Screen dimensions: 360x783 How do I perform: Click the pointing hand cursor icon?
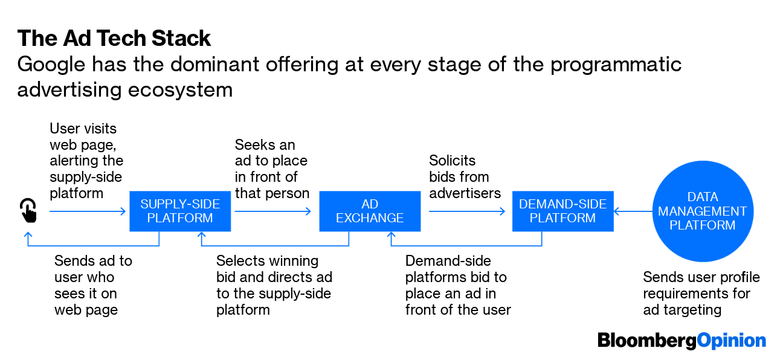pos(28,211)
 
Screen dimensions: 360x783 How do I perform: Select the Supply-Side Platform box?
pos(180,211)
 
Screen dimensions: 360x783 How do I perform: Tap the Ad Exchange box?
pos(370,211)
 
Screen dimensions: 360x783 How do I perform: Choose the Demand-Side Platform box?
pos(562,211)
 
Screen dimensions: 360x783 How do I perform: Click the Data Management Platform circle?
pos(702,211)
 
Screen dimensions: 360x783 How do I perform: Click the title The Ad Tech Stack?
pos(114,38)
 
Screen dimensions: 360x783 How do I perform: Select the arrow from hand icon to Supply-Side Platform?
pos(88,211)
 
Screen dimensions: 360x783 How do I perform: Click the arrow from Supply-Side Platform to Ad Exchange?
pos(273,211)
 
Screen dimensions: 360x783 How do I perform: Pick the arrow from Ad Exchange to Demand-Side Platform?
pos(467,211)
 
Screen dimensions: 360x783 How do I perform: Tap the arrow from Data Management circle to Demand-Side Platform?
pos(631,211)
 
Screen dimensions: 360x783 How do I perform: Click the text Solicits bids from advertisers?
pos(465,177)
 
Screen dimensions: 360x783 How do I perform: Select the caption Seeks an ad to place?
pos(271,169)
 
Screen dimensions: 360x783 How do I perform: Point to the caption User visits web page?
pos(86,161)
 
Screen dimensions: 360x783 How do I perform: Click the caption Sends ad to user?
pos(93,285)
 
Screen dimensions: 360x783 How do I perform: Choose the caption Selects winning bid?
pos(274,285)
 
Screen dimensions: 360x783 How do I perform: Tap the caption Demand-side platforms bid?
pos(457,285)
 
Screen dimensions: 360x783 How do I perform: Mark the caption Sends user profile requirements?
pos(701,293)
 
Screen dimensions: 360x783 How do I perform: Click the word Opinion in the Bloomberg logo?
pos(732,340)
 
